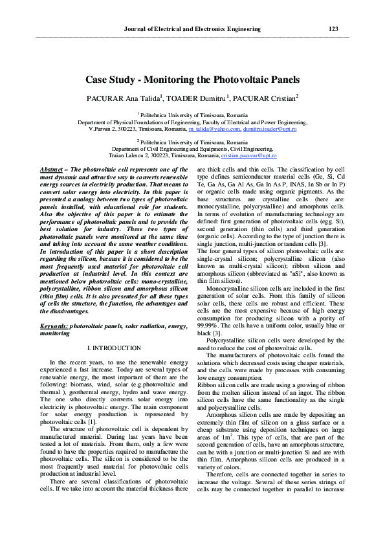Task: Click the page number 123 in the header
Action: tap(333, 29)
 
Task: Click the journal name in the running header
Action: tap(192, 29)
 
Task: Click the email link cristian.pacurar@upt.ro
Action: tap(248, 156)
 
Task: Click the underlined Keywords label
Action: tap(54, 327)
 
